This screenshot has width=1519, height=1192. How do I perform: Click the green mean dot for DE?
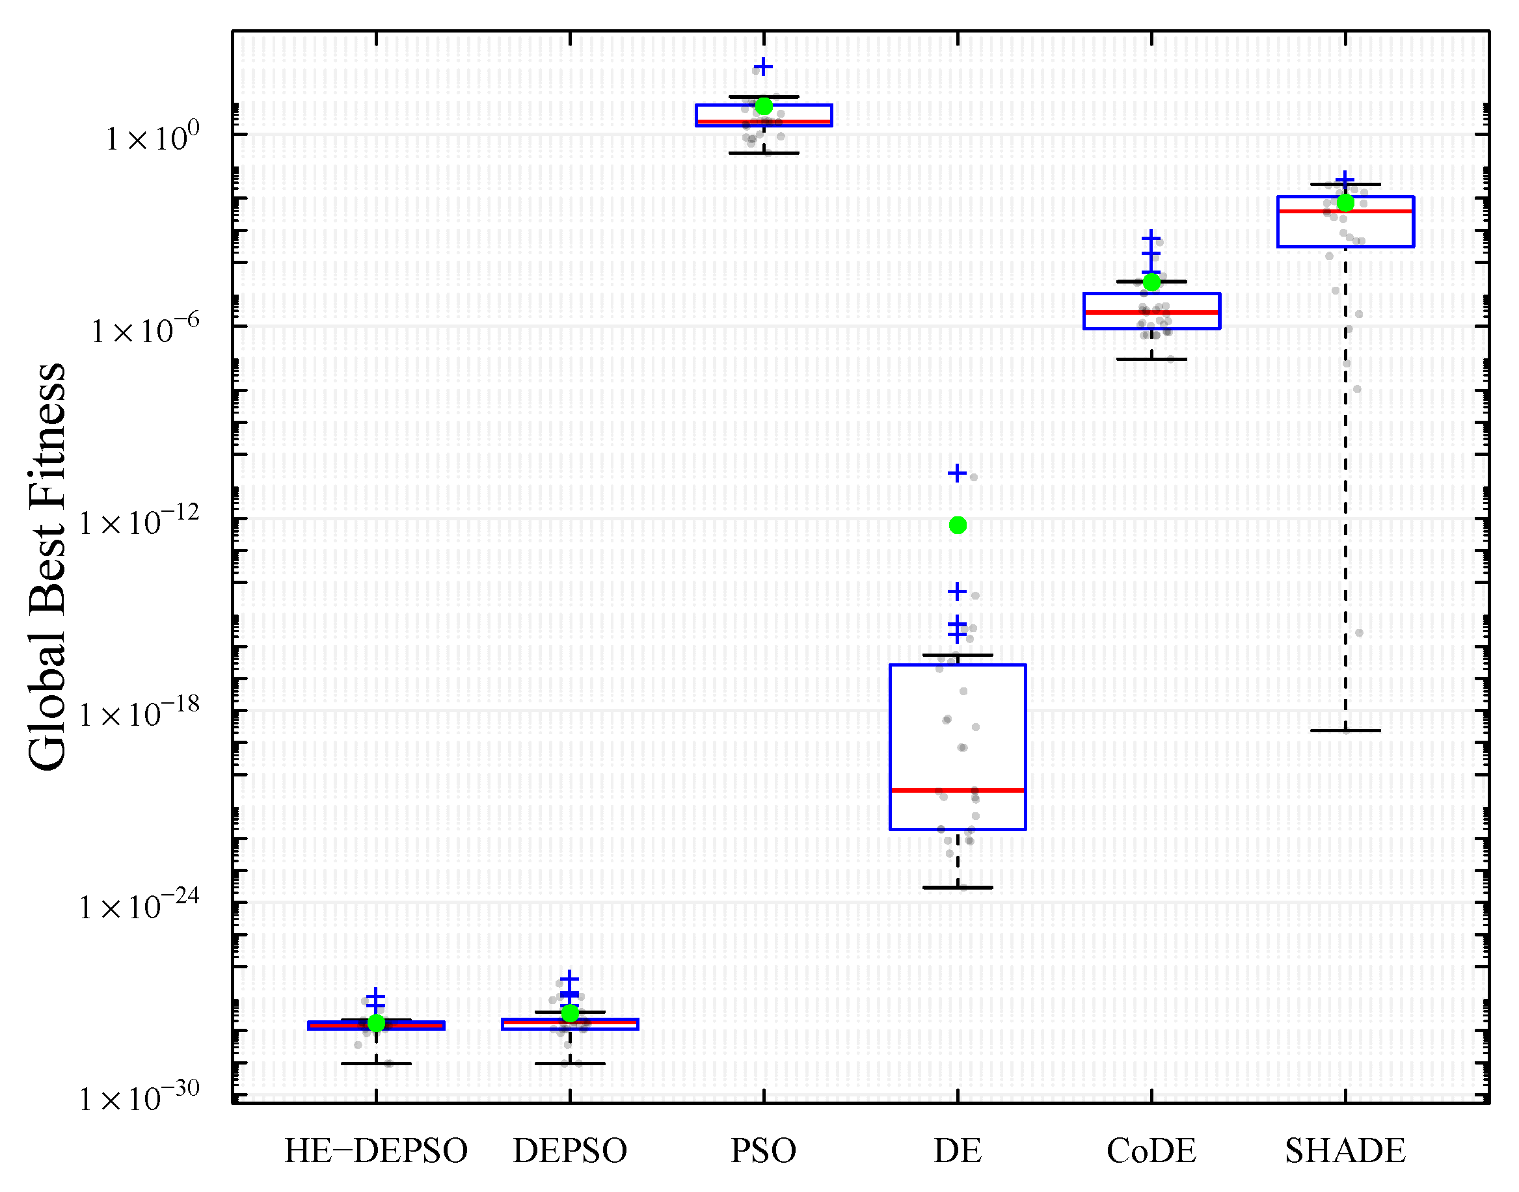pyautogui.click(x=958, y=525)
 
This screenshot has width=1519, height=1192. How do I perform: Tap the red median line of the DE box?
pyautogui.click(x=958, y=790)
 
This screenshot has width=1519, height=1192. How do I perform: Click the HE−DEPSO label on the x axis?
pyautogui.click(x=375, y=1151)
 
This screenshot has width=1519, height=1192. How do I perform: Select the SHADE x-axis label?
pyautogui.click(x=1345, y=1151)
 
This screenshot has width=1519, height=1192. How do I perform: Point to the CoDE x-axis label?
pyautogui.click(x=1151, y=1151)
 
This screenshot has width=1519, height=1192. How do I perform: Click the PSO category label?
pyautogui.click(x=764, y=1151)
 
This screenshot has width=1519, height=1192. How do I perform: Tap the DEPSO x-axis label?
pyautogui.click(x=570, y=1151)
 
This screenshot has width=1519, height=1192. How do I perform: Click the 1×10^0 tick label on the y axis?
pyautogui.click(x=152, y=137)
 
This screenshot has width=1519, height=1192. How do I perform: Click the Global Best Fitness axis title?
pyautogui.click(x=47, y=566)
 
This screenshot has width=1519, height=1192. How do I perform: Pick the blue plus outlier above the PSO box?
pyautogui.click(x=763, y=67)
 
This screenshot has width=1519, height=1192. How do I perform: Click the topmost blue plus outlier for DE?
pyautogui.click(x=957, y=473)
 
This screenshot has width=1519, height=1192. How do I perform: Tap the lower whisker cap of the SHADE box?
pyautogui.click(x=1345, y=731)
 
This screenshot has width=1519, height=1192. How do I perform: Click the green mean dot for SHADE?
pyautogui.click(x=1345, y=202)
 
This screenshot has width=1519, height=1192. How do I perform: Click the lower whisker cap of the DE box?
pyautogui.click(x=958, y=888)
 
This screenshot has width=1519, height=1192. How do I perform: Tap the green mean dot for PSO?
pyautogui.click(x=764, y=106)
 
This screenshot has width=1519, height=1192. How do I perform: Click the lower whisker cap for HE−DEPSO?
pyautogui.click(x=375, y=1064)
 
